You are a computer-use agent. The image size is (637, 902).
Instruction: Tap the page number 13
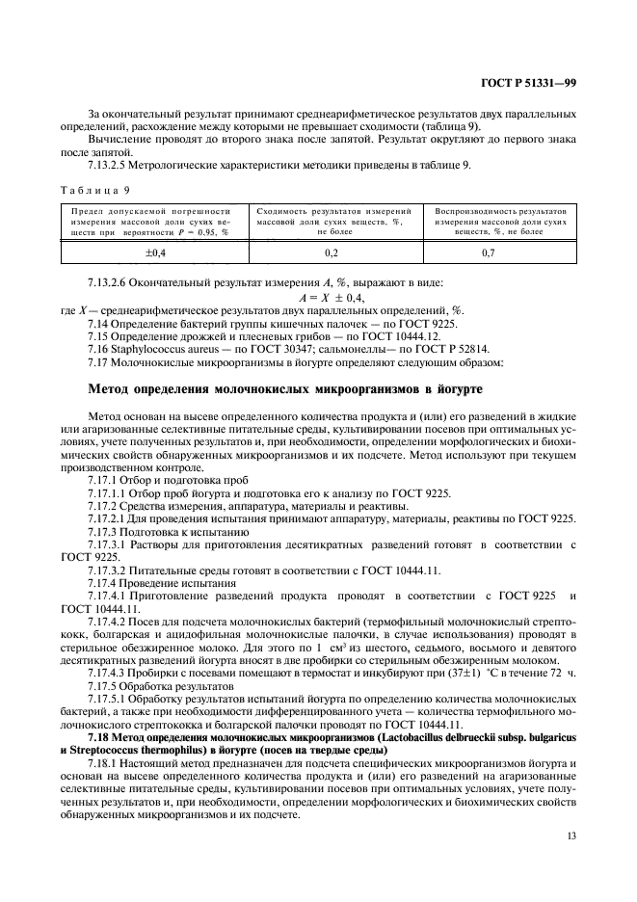point(571,836)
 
